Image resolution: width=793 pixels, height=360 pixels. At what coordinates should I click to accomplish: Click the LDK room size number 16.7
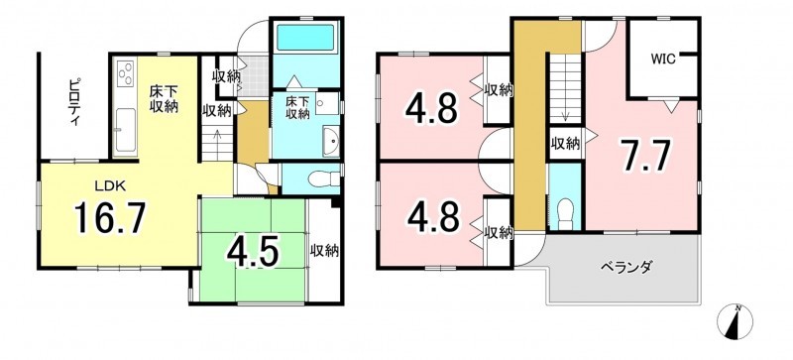110,217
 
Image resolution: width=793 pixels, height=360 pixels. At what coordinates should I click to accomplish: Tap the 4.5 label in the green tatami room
253,252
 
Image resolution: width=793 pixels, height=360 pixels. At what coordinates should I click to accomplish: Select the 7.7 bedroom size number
642,156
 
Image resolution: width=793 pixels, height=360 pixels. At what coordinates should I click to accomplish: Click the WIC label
662,59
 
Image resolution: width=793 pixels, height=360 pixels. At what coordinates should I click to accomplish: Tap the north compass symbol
735,321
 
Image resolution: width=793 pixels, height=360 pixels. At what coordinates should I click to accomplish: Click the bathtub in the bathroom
305,37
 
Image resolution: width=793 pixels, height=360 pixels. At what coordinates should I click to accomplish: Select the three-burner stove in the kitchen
126,74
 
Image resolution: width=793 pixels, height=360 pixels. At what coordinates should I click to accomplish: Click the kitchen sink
126,130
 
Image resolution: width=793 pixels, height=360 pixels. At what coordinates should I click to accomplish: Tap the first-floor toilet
319,180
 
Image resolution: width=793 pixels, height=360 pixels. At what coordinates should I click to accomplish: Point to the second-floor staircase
565,88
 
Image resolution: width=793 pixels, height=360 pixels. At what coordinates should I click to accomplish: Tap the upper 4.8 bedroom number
432,108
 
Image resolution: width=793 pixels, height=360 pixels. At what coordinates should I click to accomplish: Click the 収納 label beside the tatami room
324,250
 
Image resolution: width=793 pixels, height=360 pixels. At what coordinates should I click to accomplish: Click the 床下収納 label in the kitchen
163,99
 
